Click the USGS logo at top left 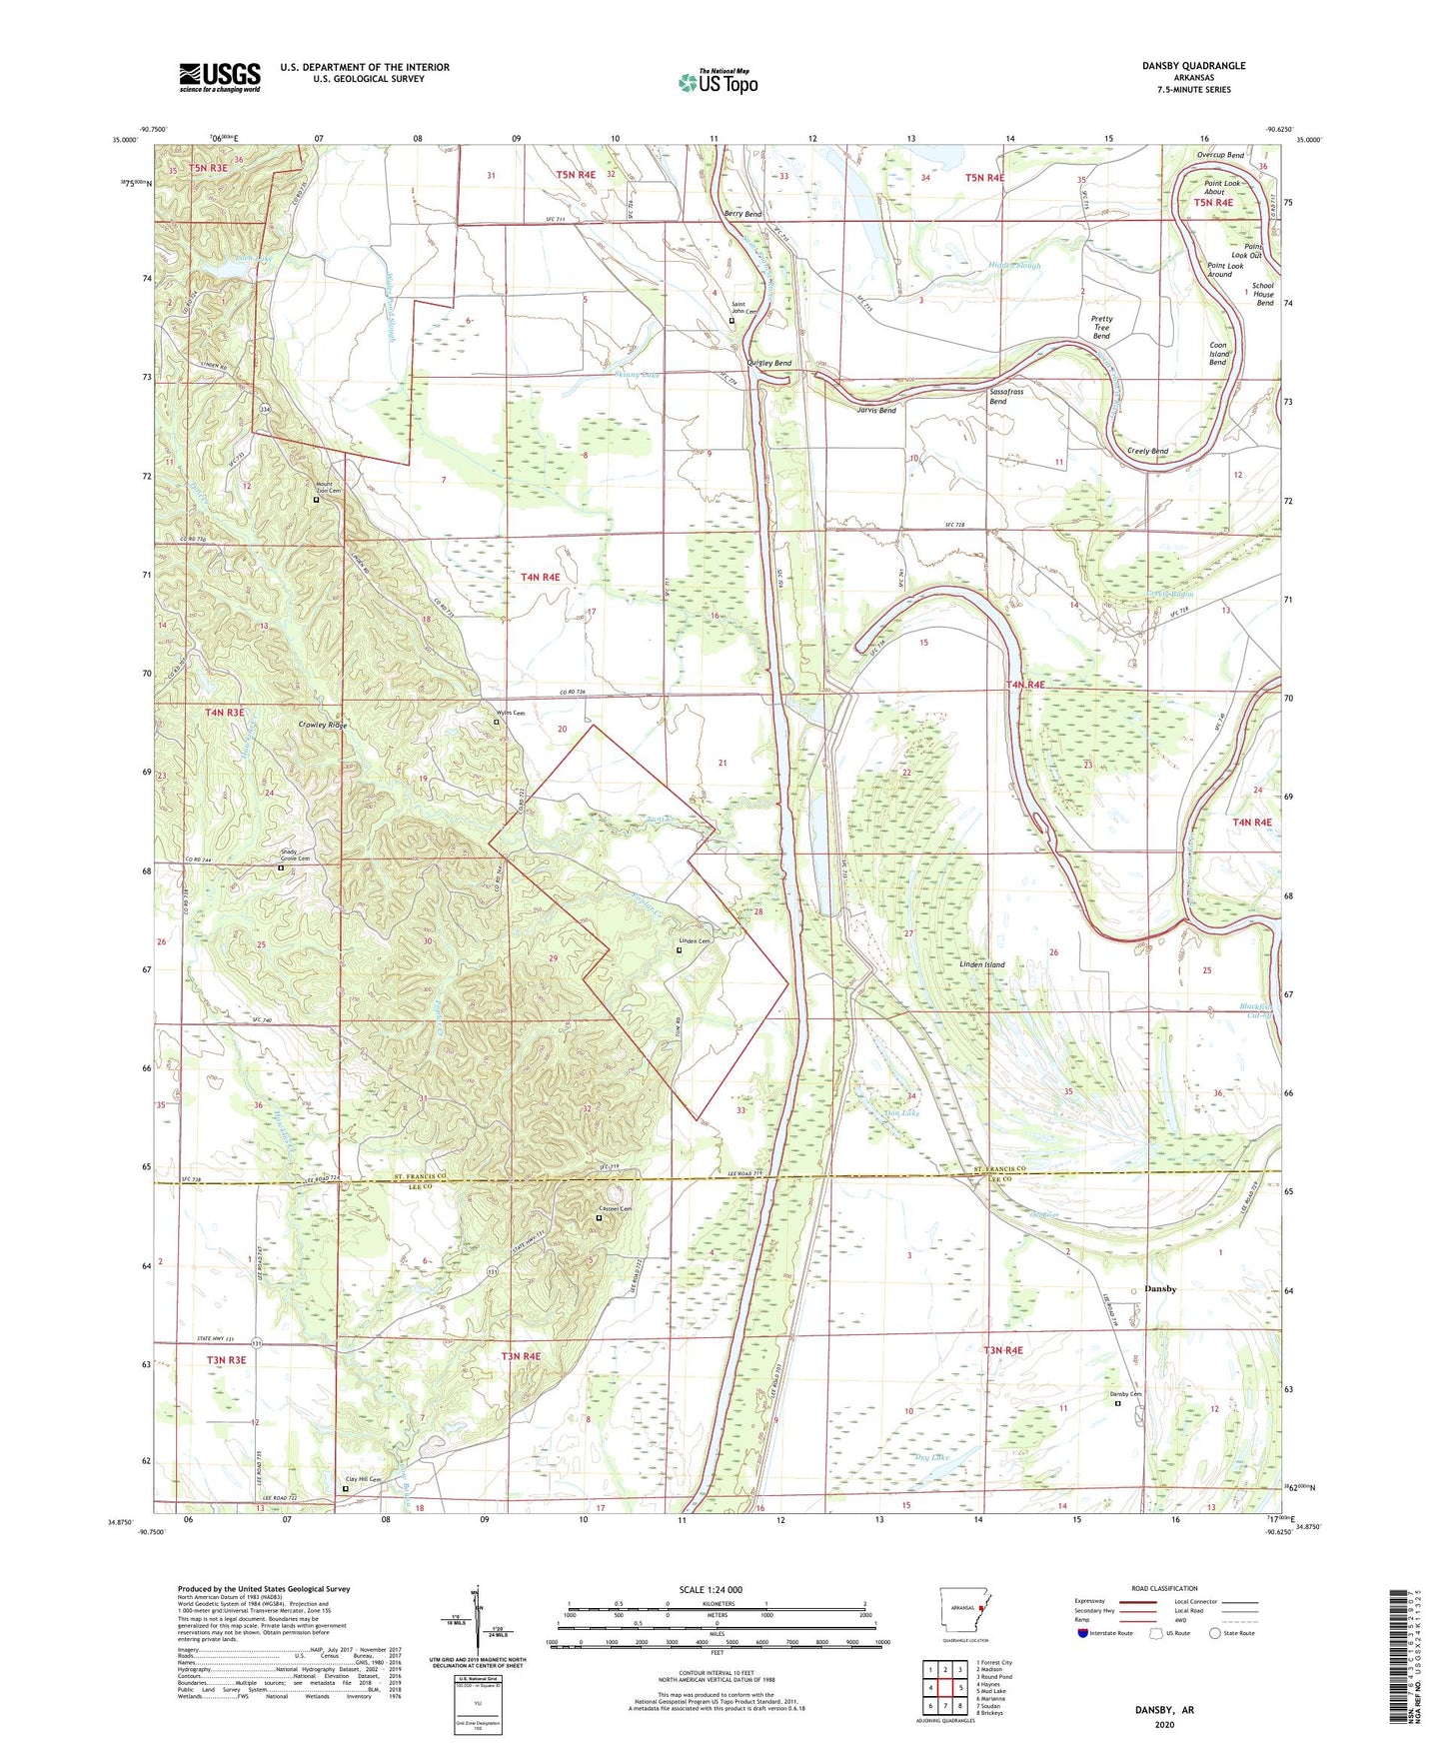click(x=220, y=77)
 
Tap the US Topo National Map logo click(x=718, y=82)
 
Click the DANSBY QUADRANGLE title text click(x=1193, y=66)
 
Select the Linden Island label click(x=981, y=964)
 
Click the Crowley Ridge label click(x=322, y=725)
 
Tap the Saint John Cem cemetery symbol click(x=730, y=321)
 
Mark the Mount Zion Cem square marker click(x=316, y=500)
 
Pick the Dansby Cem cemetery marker click(x=1118, y=1403)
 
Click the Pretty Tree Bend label click(x=1101, y=328)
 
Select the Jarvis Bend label click(x=876, y=411)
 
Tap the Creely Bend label click(x=1147, y=452)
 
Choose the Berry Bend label click(x=742, y=214)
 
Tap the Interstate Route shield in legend click(x=1083, y=1633)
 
